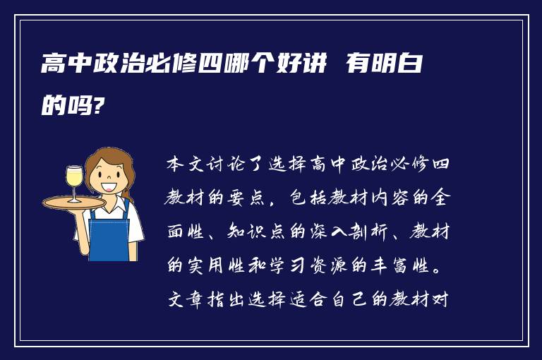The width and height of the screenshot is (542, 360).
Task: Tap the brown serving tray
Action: (x=74, y=202)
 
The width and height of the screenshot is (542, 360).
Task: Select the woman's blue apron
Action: (x=109, y=233)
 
